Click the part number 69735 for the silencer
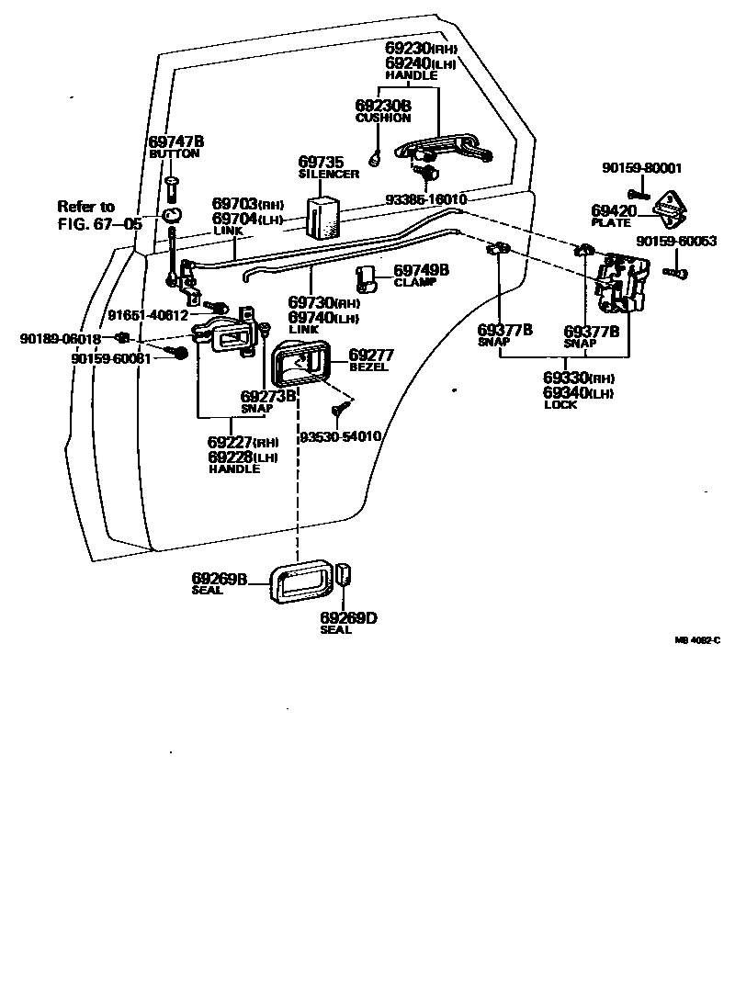click(x=319, y=162)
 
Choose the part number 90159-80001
click(x=641, y=168)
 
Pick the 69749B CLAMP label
click(x=421, y=275)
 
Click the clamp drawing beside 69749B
click(x=367, y=278)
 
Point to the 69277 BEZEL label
click(x=370, y=359)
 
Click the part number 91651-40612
click(x=148, y=315)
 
